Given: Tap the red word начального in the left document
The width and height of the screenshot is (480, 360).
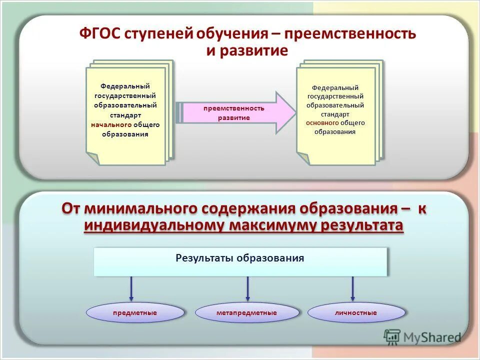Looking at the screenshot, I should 111,124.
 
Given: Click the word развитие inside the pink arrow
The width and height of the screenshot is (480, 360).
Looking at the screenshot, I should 233,117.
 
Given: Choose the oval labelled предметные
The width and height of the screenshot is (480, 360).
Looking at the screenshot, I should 135,312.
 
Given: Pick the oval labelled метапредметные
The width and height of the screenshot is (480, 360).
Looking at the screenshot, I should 247,312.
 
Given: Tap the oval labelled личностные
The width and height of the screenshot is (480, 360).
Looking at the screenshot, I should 356,312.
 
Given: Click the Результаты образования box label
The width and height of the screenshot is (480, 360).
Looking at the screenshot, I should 240,258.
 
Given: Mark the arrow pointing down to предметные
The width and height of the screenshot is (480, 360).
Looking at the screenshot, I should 131,289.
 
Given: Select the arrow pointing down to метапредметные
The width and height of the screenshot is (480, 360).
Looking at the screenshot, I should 247,289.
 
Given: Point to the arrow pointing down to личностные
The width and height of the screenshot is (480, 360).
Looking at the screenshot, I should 352,289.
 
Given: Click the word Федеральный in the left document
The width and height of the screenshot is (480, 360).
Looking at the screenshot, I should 125,86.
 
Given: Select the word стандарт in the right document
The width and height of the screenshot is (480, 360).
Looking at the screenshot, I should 335,114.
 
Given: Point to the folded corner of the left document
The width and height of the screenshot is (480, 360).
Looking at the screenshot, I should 93,158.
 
